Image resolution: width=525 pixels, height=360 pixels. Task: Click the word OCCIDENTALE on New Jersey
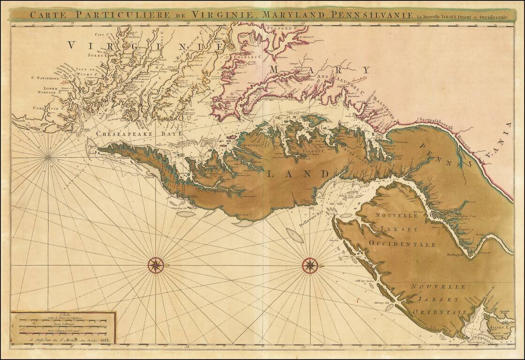(x=402, y=244)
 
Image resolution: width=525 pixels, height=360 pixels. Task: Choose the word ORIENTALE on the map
(x=440, y=312)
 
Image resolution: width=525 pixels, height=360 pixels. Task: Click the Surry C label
(x=99, y=55)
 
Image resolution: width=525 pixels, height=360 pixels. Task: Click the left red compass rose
(x=156, y=265)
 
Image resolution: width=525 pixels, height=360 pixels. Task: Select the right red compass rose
(x=310, y=265)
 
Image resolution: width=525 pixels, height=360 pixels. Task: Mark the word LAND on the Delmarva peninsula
(x=298, y=174)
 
